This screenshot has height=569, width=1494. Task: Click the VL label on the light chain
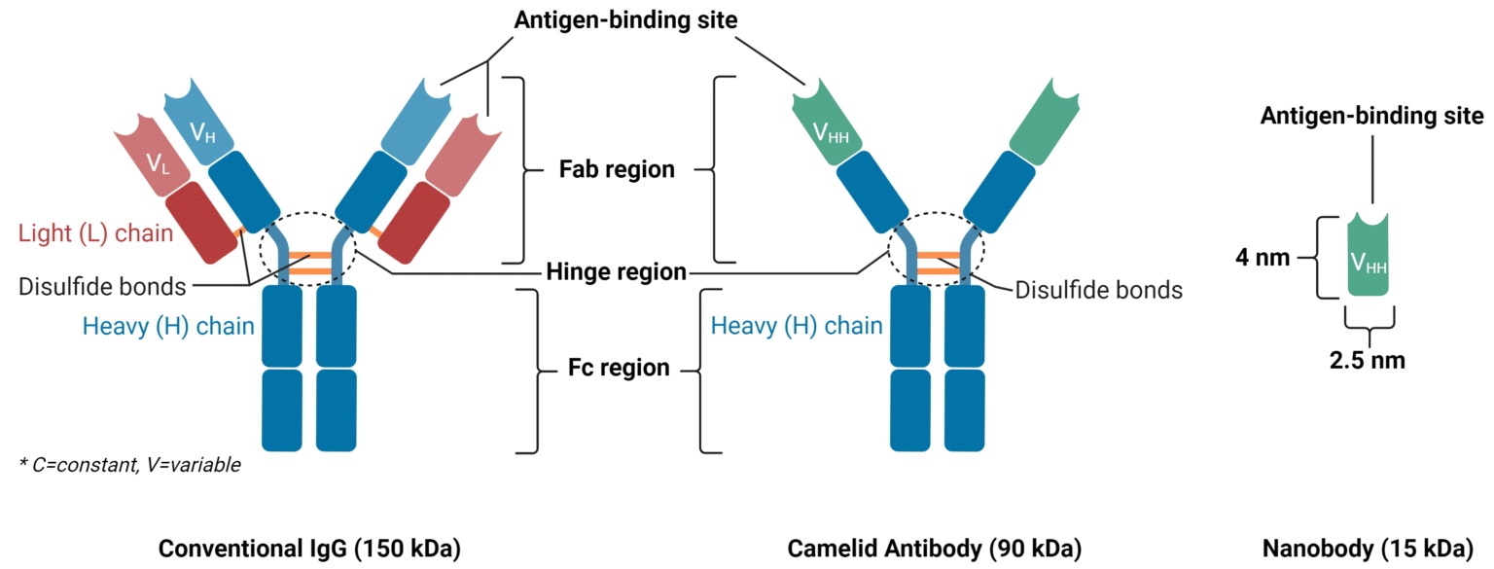pos(159,163)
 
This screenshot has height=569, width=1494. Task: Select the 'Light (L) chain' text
pos(95,233)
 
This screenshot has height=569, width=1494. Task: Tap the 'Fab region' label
pos(617,169)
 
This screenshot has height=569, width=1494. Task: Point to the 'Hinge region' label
pos(617,272)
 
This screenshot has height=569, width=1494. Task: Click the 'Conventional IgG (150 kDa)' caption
pos(309,548)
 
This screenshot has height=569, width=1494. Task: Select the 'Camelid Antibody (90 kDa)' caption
pos(934,548)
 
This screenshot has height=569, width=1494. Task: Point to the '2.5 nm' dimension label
pos(1368,360)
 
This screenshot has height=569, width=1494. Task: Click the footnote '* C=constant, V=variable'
pos(128,466)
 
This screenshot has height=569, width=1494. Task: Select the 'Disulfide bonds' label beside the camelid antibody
pos(1098,290)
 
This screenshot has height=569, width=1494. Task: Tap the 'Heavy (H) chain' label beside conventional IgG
pos(168,326)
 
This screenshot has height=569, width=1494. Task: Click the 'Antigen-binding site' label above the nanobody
pos(1371,116)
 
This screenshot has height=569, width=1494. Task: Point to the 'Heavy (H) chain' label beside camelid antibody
pos(797,326)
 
